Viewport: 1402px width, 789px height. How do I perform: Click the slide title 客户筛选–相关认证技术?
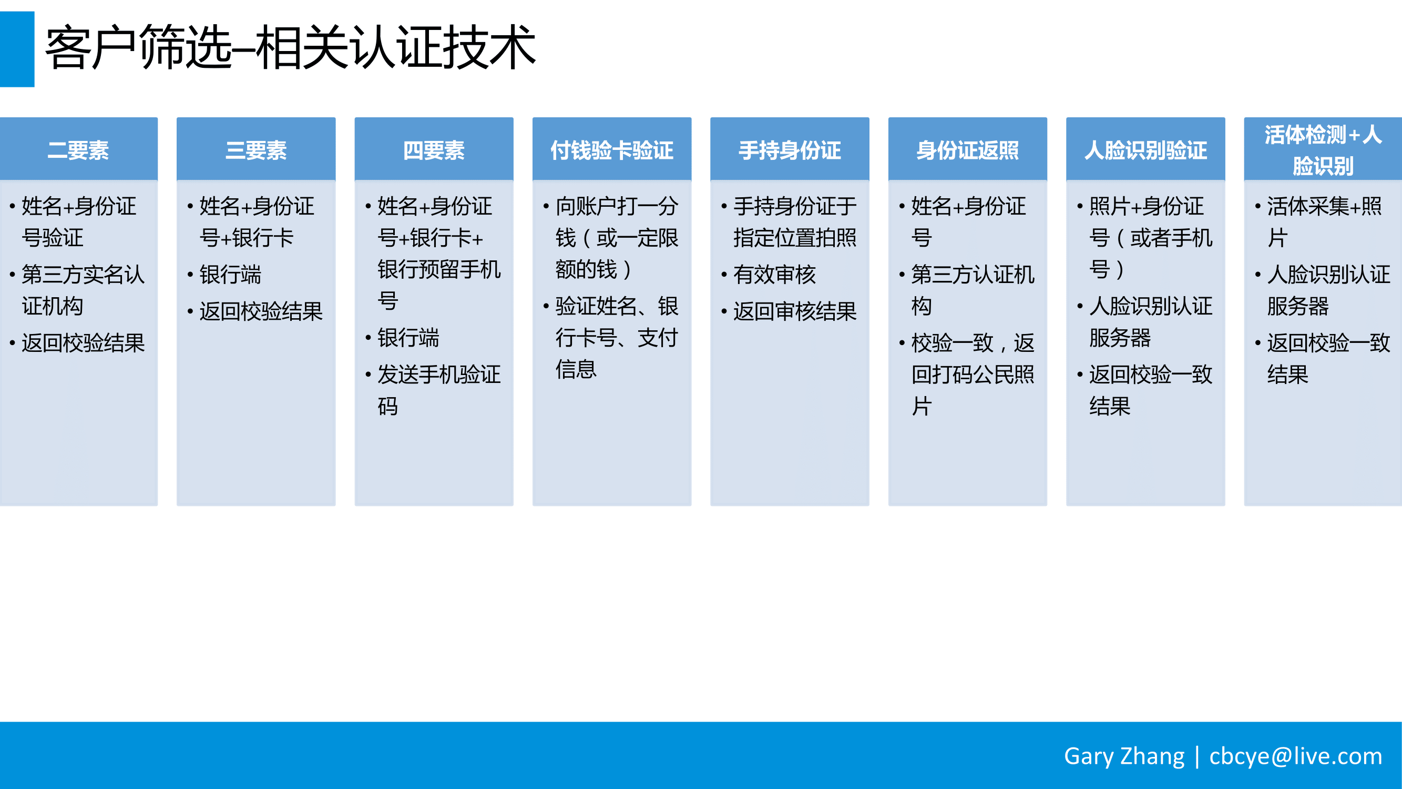coord(290,48)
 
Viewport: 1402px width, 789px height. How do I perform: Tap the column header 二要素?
coord(78,150)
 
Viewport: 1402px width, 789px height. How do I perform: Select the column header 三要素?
coord(256,150)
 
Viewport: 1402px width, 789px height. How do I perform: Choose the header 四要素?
coord(434,150)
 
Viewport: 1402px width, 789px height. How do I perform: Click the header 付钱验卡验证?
coord(612,150)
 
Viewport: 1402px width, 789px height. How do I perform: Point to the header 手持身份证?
coord(790,150)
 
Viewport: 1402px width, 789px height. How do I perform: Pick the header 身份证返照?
coord(968,150)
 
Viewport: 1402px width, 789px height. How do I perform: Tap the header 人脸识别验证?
coord(1145,150)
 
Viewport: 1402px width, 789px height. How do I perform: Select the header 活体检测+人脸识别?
coord(1323,150)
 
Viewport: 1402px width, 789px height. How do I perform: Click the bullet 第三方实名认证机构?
coord(83,290)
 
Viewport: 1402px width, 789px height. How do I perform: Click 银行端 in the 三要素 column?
coord(230,275)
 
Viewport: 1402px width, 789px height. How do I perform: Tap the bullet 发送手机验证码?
coord(438,390)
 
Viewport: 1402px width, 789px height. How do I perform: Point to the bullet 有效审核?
coord(774,275)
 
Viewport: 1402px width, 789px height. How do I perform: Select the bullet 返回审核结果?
coord(795,311)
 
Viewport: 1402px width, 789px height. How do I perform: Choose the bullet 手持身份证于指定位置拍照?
coord(795,221)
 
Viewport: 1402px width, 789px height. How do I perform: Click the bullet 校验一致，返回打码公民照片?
coord(973,375)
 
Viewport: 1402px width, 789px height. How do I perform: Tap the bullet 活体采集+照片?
coord(1324,221)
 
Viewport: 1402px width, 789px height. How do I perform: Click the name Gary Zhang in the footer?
coord(1124,756)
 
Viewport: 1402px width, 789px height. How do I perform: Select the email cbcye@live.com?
coord(1295,756)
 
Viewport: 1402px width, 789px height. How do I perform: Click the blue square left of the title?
coord(17,49)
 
